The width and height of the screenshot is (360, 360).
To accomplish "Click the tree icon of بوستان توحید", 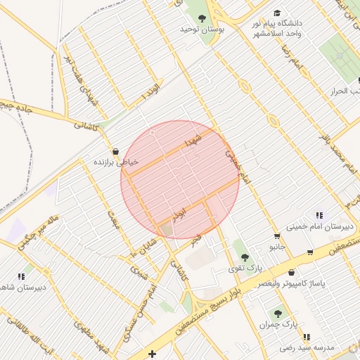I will click(x=202, y=18).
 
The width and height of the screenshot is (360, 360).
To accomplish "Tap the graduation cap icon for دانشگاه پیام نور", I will click(x=277, y=13).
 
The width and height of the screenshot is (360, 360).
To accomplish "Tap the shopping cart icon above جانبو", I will click(x=277, y=236).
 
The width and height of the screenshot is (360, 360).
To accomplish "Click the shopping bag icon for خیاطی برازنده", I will click(x=115, y=151).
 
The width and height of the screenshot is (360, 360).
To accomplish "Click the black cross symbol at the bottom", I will click(x=153, y=353).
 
